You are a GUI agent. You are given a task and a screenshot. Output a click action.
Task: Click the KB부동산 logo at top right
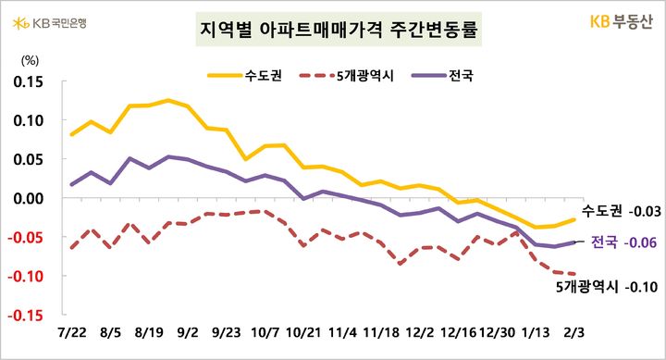coord(615,20)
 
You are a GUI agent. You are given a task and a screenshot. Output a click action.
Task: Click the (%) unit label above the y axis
coord(30,61)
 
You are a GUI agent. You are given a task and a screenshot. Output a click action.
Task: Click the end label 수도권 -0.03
coord(619,213)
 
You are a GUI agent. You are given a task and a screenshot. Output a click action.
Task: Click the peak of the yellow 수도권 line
coord(168,100)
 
